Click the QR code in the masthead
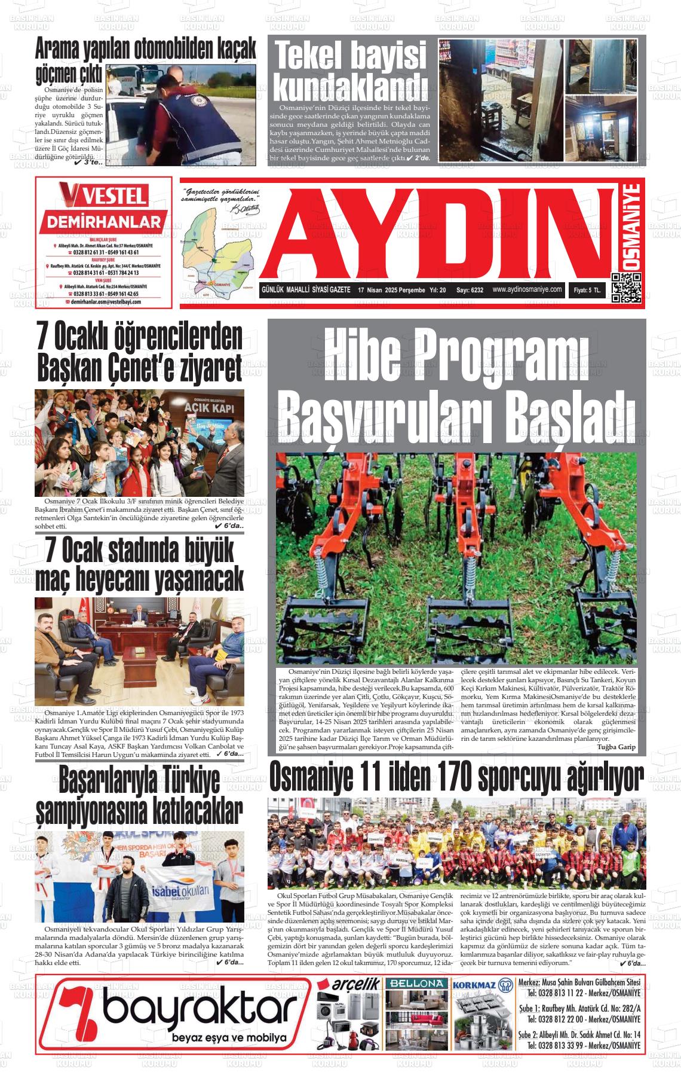(x=626, y=288)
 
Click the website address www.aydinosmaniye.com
(x=527, y=289)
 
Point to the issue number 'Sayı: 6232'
(x=470, y=290)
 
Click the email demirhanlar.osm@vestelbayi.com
(x=105, y=302)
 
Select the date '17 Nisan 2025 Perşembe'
(x=391, y=290)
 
